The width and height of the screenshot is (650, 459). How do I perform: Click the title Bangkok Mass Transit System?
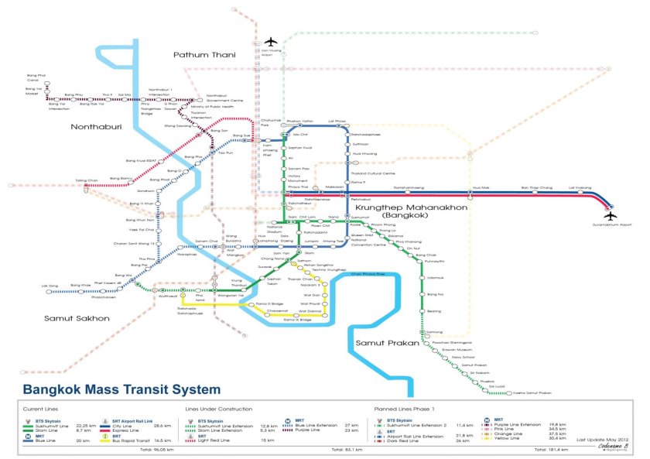[121, 389]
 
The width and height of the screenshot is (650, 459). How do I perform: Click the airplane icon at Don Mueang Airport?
[270, 42]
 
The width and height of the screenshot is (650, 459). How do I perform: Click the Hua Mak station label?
[481, 188]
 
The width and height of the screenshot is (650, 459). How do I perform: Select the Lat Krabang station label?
[580, 188]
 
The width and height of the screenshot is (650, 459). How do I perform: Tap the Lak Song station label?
[49, 286]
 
